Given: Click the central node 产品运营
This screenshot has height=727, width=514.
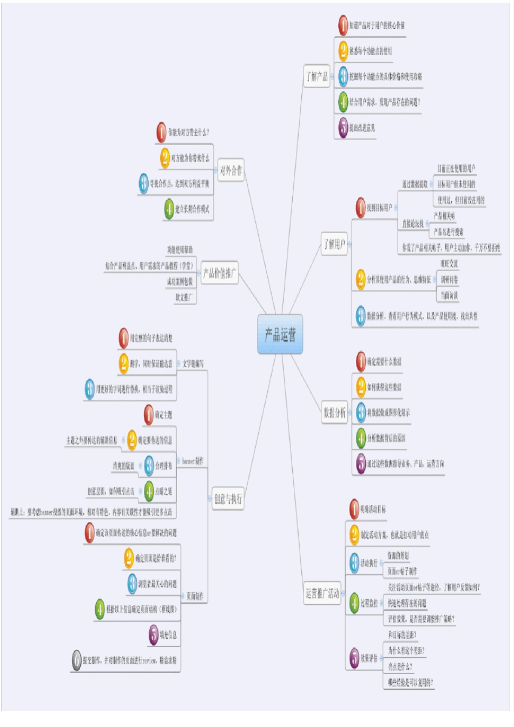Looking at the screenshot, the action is point(280,334).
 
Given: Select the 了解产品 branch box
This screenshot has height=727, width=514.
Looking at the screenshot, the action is point(317,76).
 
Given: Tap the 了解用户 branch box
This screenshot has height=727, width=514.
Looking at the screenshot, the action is point(334,244).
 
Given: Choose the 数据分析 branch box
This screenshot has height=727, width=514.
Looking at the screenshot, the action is point(334,413).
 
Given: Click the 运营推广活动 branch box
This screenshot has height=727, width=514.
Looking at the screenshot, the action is point(322,594).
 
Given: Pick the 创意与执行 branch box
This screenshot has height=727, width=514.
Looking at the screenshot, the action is point(228,498).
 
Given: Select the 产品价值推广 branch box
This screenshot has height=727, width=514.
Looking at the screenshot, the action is point(219,273).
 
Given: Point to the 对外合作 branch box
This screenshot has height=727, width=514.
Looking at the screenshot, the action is point(231,171).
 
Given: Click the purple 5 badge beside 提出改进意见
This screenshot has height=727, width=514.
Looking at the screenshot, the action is point(343,128).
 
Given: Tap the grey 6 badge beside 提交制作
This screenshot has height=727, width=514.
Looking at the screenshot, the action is point(77,660).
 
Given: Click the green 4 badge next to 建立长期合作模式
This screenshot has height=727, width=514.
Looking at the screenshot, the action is point(169,209).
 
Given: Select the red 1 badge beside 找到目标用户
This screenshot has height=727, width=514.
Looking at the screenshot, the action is point(360,208).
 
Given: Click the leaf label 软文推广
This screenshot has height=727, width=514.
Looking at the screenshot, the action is point(183,297).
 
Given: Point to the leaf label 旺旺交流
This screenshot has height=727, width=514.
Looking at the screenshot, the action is point(449,263).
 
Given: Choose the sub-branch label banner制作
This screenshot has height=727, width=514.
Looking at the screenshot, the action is point(193,461).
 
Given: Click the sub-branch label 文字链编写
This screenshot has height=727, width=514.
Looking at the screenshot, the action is point(193,363).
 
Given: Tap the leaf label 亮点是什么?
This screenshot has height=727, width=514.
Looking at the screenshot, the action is point(400,666).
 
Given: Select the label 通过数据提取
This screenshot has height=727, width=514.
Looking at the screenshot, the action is point(414,184).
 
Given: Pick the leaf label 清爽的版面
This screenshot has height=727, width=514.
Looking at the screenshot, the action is point(123,466).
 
